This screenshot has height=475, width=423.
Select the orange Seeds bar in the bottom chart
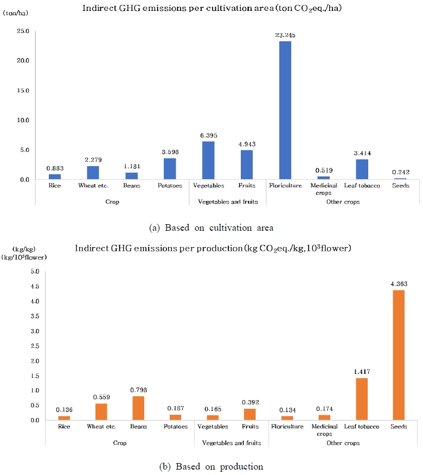pyautogui.click(x=398, y=355)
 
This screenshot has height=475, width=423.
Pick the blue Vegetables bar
pyautogui.click(x=208, y=160)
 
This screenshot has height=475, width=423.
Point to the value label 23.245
pyautogui.click(x=285, y=35)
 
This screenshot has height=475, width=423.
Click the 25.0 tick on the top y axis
pyautogui.click(x=22, y=31)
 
